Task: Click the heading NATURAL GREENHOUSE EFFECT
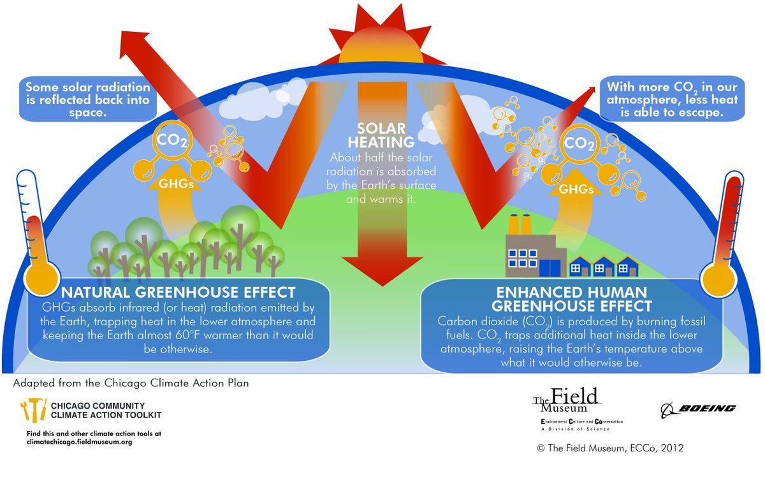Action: (x=178, y=293)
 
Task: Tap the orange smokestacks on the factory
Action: (x=521, y=224)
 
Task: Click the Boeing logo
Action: (x=697, y=408)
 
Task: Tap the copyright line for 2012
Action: (x=610, y=448)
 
